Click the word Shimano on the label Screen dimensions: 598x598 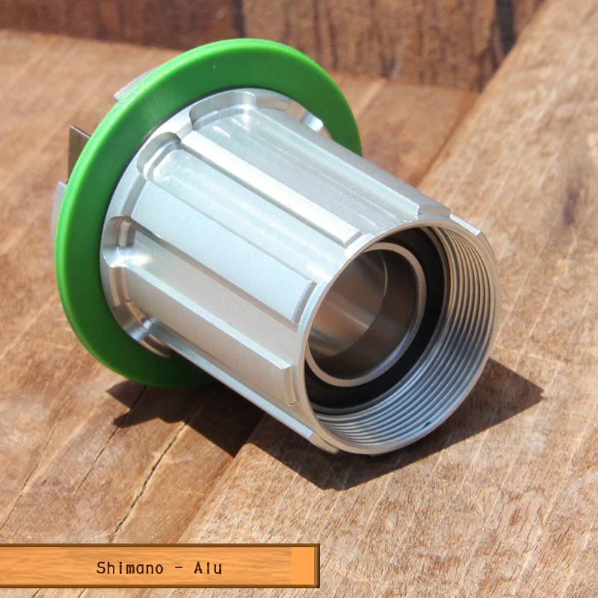(x=129, y=568)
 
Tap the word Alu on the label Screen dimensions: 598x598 (x=208, y=568)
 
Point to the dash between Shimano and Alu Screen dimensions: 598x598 (x=179, y=568)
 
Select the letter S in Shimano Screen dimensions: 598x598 (x=101, y=568)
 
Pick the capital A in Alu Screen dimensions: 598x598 (x=198, y=568)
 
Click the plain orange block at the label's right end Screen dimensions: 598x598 (x=303, y=566)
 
